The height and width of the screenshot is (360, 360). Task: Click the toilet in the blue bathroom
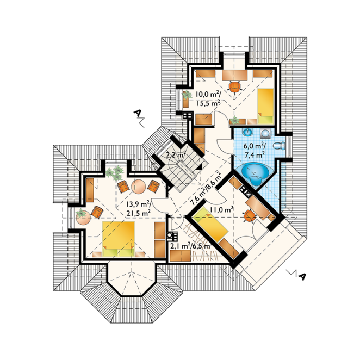coord(279,146)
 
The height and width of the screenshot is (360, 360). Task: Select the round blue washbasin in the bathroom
coord(247,132)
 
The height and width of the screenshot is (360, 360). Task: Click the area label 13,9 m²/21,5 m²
coord(138,208)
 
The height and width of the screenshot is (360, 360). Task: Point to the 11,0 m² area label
coord(222,209)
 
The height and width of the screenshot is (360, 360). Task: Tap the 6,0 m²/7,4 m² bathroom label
coord(255,151)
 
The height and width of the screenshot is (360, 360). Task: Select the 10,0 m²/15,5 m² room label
coord(208,98)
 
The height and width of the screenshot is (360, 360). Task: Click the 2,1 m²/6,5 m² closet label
coord(190,246)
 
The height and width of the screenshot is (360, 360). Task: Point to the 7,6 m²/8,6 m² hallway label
coord(206,189)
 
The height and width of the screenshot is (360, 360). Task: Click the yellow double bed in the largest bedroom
coord(119,239)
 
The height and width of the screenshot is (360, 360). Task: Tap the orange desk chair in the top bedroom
coord(234,86)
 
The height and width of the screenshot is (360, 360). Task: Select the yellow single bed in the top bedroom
coord(265,106)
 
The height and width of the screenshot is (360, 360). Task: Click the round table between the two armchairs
coord(139,186)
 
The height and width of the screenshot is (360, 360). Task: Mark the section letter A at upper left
coord(137,113)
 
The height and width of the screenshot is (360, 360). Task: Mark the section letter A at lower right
coord(302,276)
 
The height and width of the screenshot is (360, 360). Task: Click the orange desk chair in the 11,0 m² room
coord(250,216)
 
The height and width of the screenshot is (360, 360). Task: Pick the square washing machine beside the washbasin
coord(265,133)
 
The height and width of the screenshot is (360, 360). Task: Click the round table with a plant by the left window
coord(83,218)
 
